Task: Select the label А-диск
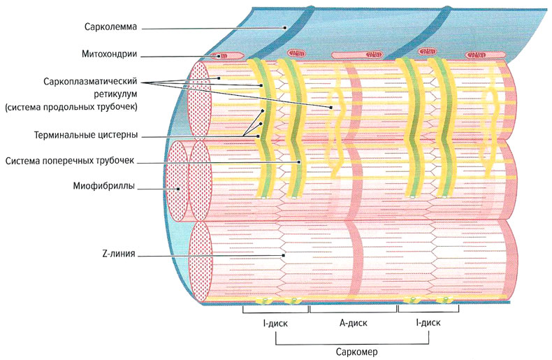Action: click(x=353, y=324)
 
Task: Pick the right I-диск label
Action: click(x=428, y=324)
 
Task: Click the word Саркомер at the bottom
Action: click(x=353, y=351)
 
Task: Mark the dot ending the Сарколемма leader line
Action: click(x=285, y=27)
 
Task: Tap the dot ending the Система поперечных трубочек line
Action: click(x=298, y=161)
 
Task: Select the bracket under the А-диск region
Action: click(x=353, y=309)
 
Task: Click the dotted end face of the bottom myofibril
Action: click(x=201, y=258)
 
